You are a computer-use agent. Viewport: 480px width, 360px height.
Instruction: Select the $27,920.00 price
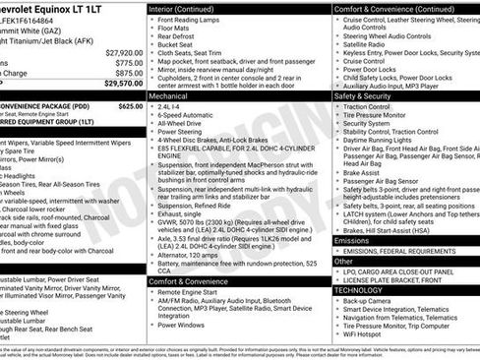coord(123,51)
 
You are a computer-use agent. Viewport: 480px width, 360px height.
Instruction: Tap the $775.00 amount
coord(128,62)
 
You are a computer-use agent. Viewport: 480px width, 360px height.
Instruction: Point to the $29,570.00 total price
coord(123,84)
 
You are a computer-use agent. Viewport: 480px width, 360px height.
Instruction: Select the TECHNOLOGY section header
coord(358,290)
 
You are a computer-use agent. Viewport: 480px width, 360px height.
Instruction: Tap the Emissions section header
coord(352,240)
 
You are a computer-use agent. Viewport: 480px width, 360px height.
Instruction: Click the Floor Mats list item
coord(176,30)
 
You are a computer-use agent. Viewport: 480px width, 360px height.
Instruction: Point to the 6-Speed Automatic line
coord(188,144)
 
